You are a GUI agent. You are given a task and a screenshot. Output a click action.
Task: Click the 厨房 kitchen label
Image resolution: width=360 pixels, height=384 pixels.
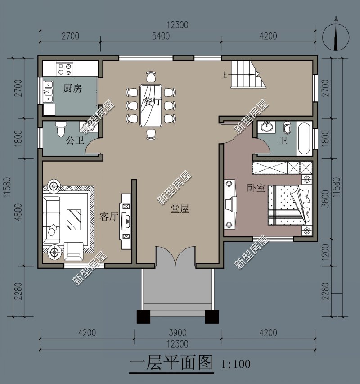(72, 89)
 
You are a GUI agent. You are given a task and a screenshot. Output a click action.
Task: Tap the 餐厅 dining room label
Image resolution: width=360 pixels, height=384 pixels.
(150, 102)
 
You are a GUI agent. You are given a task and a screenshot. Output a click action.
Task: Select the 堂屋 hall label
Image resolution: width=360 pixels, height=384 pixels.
(180, 209)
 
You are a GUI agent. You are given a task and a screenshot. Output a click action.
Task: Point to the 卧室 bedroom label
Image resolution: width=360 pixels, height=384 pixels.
(256, 188)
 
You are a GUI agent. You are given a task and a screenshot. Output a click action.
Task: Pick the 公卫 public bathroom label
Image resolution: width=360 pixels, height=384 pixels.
(75, 141)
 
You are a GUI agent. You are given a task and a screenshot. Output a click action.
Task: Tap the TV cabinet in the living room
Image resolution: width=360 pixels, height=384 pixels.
(126, 221)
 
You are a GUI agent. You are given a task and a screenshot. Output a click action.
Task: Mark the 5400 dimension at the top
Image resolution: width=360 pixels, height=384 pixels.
(161, 36)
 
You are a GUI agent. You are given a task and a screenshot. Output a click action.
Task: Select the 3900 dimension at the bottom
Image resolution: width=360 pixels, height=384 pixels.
(177, 333)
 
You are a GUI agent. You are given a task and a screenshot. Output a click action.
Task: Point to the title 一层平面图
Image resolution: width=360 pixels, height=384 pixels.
(171, 362)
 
